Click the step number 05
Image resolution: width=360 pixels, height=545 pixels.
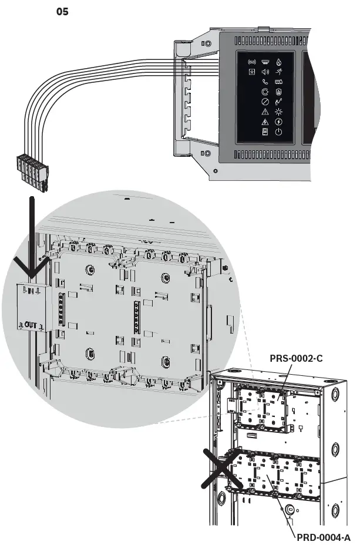point(62,12)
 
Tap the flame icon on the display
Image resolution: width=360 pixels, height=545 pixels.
point(278,62)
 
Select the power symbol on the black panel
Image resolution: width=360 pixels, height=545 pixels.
point(278,132)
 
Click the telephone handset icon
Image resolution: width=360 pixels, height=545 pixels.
point(265,82)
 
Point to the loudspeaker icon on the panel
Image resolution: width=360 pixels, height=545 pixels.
point(265,72)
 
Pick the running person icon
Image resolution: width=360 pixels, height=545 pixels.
point(278,72)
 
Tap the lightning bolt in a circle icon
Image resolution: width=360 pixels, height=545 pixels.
point(278,122)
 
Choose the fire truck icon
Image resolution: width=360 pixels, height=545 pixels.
point(278,82)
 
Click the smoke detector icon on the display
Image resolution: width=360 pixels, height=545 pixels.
point(265,62)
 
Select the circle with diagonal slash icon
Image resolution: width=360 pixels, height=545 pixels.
point(265,102)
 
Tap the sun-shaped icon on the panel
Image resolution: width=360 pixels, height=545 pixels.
point(278,112)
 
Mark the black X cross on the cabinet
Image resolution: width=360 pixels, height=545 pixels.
point(223,468)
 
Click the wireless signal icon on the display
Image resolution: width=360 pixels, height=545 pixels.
point(252,62)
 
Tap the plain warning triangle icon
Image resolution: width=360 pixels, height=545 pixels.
point(265,112)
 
